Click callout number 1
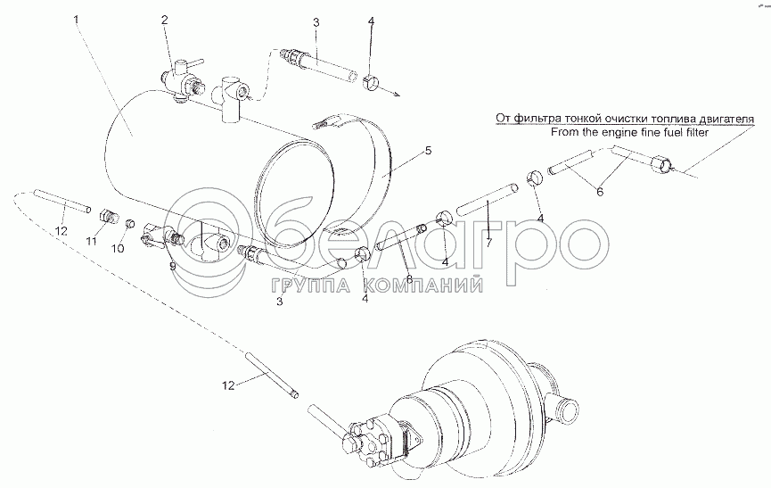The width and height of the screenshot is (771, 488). coord(76,20)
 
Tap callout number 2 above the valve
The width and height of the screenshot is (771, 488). coord(164,20)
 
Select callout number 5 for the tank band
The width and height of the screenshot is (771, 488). coord(428,151)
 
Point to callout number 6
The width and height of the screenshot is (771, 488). coord(600,192)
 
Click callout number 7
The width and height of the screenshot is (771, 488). coord(488,242)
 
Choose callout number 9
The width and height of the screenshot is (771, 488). coord(172,267)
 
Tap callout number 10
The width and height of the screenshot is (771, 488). coord(118,248)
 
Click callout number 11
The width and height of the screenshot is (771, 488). coord(91,241)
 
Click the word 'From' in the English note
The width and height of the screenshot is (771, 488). coord(562,132)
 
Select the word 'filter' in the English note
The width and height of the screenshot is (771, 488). coord(698,132)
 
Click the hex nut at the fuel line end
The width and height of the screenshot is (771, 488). coord(660,164)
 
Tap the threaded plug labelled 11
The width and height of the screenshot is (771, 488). coord(108,217)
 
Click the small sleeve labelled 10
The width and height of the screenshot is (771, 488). coord(131,224)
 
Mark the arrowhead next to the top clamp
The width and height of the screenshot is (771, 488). coord(396,94)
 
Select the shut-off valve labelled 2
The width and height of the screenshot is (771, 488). coord(178,79)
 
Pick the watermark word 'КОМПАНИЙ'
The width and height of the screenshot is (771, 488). coord(422,285)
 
